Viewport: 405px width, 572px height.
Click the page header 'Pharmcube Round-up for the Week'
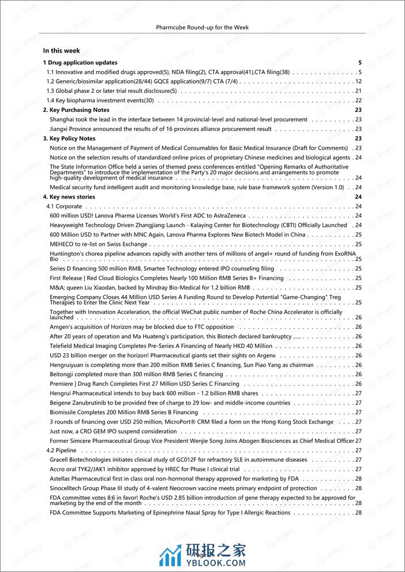click(x=202, y=27)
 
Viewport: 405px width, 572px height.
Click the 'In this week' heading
click(x=61, y=51)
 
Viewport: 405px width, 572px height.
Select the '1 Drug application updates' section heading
click(x=80, y=62)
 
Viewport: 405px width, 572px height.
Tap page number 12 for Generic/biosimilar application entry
click(x=358, y=81)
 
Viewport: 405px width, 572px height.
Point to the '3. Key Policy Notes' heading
click(x=69, y=139)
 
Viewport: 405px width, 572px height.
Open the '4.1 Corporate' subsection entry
click(x=64, y=206)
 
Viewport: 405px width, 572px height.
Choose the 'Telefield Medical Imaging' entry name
click(x=86, y=346)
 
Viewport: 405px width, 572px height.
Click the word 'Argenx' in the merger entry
click(x=263, y=356)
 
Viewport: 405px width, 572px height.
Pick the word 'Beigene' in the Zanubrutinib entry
click(x=61, y=403)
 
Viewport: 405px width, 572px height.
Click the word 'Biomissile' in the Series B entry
click(x=65, y=412)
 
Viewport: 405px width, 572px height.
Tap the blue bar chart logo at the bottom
click(x=170, y=556)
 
